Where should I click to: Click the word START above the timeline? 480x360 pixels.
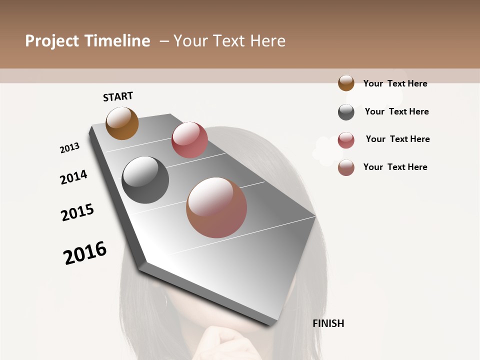point(118,96)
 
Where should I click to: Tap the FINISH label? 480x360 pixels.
point(328,323)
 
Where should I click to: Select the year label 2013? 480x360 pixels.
point(70,147)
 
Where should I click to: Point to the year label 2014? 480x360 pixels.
point(73,177)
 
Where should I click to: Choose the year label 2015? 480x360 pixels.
point(77,212)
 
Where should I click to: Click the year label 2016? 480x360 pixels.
point(85,252)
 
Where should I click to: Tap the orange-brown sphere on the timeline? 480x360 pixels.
point(122,123)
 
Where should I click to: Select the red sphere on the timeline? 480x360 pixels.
point(189,140)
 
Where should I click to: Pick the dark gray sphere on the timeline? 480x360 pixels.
point(145,180)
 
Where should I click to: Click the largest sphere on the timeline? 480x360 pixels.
point(216,207)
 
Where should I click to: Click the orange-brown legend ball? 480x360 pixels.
point(346,83)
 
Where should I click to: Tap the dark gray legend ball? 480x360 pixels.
point(346,112)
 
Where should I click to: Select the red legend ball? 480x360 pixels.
point(346,140)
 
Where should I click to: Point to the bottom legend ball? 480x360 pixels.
point(346,167)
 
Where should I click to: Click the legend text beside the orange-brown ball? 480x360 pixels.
point(395,83)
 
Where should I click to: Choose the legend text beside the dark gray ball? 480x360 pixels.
point(396,111)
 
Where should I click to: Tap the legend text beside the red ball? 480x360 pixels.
point(397,139)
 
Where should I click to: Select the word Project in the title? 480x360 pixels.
point(51,41)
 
